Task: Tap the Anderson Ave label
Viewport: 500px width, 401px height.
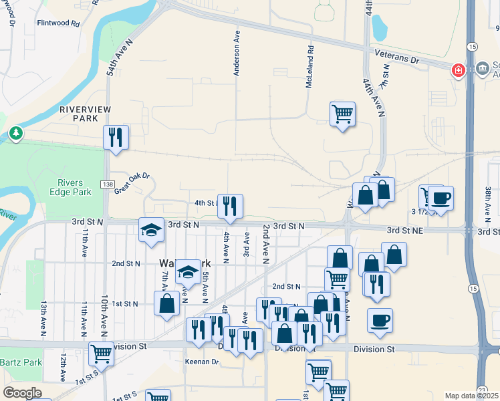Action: [237, 52]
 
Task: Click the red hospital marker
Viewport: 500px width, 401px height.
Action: [459, 70]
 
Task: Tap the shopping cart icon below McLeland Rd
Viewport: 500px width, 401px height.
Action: [342, 114]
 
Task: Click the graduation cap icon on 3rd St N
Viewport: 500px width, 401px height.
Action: [151, 230]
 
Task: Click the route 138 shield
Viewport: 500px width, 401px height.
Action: [108, 184]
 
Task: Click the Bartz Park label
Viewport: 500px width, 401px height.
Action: [21, 362]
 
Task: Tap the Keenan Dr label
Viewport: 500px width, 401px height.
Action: [202, 362]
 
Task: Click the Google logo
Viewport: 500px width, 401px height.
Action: [22, 393]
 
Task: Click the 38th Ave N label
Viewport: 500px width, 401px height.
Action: [489, 203]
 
